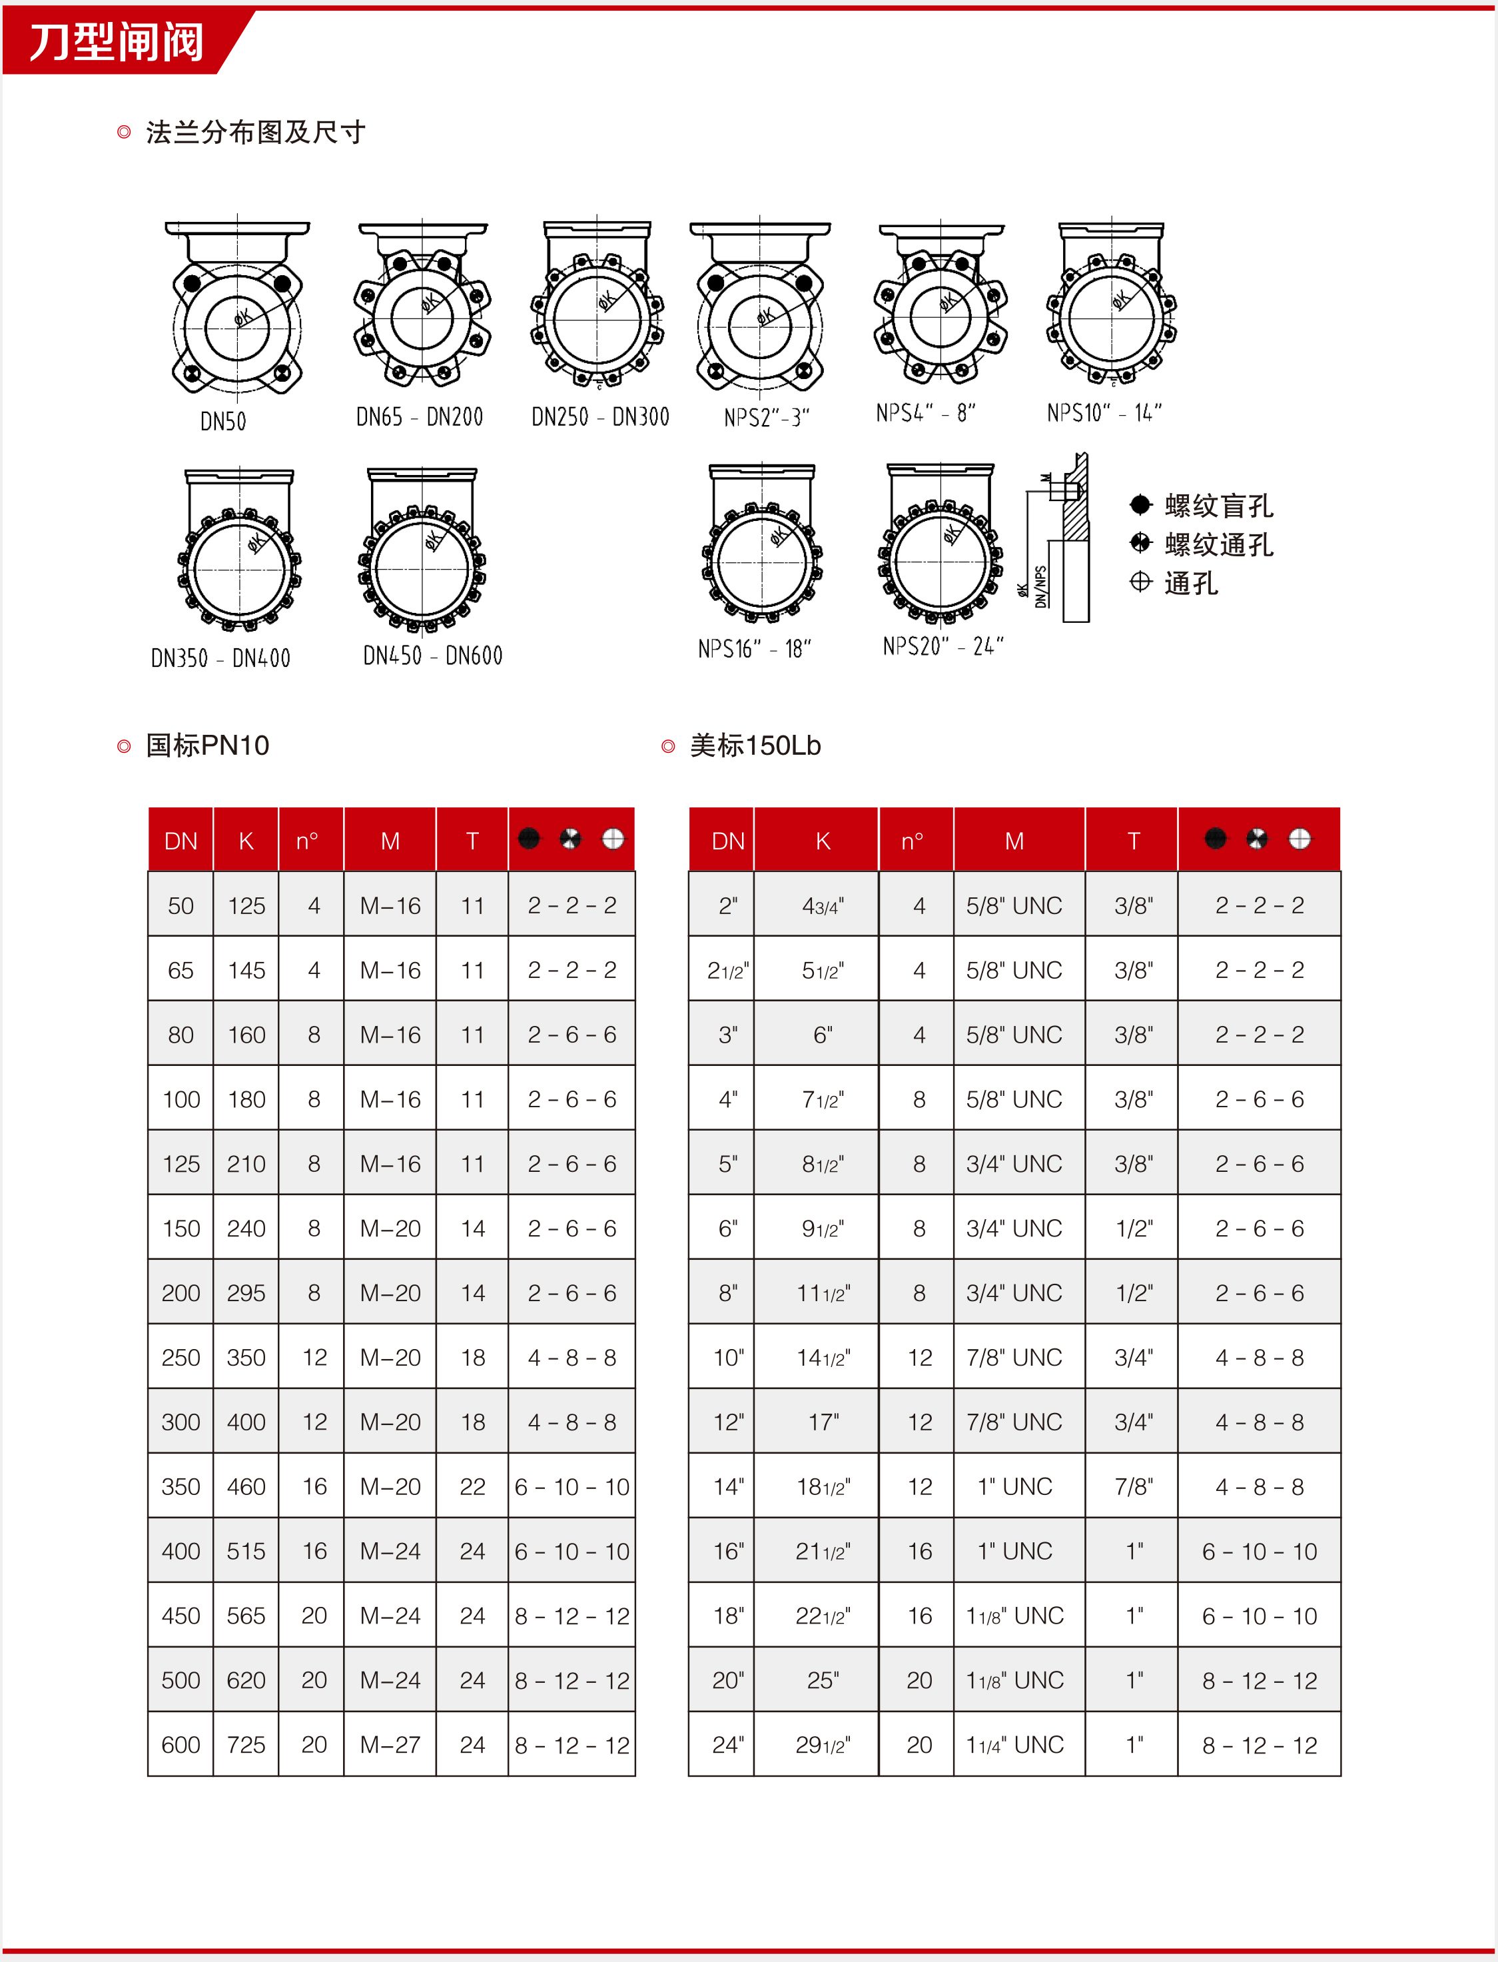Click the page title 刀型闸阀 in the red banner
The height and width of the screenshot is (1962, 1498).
[x=116, y=42]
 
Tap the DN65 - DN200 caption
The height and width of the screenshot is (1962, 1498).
[x=419, y=416]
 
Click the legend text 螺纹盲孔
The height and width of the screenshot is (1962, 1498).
[x=1218, y=506]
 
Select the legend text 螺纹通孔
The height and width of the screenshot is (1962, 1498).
[x=1218, y=544]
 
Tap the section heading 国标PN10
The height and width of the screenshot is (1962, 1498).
[x=207, y=745]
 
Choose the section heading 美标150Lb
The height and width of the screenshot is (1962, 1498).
[x=755, y=745]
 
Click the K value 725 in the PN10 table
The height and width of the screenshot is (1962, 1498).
[x=246, y=1744]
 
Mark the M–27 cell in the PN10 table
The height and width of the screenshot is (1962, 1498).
[x=390, y=1744]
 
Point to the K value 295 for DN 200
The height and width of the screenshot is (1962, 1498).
[x=246, y=1293]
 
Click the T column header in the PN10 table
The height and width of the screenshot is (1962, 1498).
[x=473, y=840]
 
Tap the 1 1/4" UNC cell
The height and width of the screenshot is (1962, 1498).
[x=1014, y=1744]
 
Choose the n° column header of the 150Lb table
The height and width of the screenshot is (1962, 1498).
[x=912, y=840]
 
